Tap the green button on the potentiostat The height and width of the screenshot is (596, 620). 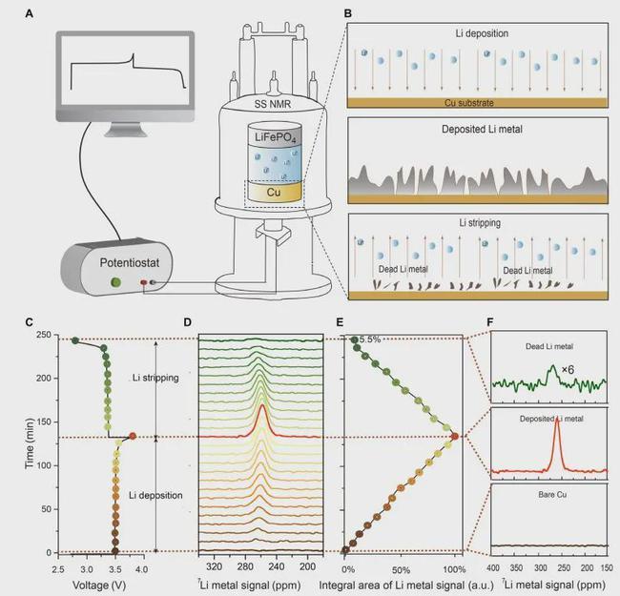pyautogui.click(x=117, y=282)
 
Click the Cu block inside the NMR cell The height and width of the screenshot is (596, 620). pyautogui.click(x=278, y=191)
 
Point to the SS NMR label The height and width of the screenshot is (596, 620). pyautogui.click(x=279, y=103)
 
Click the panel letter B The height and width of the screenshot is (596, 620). pyautogui.click(x=347, y=13)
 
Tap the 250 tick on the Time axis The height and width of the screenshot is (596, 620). pyautogui.click(x=42, y=337)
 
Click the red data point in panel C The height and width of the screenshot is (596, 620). pyautogui.click(x=133, y=436)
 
